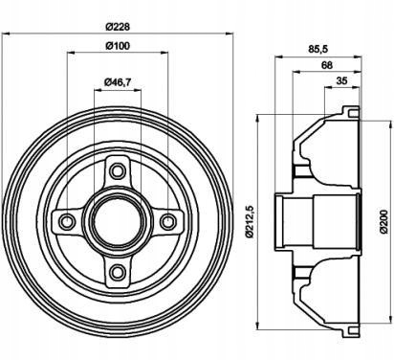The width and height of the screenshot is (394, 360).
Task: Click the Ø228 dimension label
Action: (118, 27)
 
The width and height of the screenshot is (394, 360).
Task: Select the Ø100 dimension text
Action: (118, 46)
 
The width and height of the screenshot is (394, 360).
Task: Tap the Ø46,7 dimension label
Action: (118, 82)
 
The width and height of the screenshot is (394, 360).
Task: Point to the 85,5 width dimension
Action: (318, 49)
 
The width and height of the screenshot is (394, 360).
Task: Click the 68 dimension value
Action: (327, 65)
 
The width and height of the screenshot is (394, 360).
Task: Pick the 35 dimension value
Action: (341, 80)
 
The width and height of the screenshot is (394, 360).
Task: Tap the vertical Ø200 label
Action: (383, 221)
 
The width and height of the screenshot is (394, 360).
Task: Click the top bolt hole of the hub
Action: (118, 171)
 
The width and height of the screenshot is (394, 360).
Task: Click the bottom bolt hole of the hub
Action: (118, 272)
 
